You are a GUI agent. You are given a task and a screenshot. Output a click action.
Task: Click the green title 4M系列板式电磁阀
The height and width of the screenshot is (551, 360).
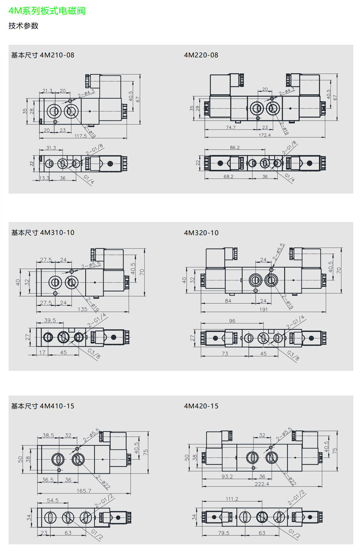click(x=47, y=11)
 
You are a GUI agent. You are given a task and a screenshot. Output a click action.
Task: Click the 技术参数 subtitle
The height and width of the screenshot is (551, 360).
click(x=23, y=26)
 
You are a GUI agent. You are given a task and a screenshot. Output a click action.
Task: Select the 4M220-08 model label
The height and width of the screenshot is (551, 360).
click(x=201, y=55)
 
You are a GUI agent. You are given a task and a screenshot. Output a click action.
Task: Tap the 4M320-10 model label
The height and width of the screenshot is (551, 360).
click(x=201, y=233)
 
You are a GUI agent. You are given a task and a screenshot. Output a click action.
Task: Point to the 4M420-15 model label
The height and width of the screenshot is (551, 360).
click(x=201, y=406)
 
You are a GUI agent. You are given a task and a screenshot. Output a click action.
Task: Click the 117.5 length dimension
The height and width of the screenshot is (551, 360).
click(x=81, y=136)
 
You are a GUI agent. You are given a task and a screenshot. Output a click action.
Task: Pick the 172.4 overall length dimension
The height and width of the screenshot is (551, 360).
click(x=264, y=135)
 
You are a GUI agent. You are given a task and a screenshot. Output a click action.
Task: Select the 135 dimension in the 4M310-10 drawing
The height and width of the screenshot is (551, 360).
click(x=83, y=309)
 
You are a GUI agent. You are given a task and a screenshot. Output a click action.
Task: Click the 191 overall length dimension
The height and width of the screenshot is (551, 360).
click(x=263, y=309)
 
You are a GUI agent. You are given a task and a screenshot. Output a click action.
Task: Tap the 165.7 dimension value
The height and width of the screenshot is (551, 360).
click(x=84, y=491)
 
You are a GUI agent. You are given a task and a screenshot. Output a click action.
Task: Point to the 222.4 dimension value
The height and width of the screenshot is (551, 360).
click(x=262, y=484)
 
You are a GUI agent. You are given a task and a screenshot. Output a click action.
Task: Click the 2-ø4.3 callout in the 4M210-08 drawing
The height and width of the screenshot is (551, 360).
click(x=86, y=94)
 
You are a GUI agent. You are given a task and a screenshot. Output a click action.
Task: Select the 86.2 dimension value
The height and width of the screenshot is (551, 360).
click(x=234, y=147)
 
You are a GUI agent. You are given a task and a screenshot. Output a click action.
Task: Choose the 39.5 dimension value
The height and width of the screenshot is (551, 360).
click(x=50, y=320)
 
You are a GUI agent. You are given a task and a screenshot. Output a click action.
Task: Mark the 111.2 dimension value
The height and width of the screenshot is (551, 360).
click(x=232, y=499)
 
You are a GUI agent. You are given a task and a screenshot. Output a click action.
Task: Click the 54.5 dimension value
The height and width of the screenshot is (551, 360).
click(x=53, y=500)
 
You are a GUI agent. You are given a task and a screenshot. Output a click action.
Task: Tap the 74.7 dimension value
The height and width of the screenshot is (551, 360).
click(x=231, y=127)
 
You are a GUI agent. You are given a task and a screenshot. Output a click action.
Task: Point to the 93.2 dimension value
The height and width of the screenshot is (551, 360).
click(x=227, y=477)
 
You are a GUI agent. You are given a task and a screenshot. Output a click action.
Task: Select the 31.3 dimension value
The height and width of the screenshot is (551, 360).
click(x=51, y=148)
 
